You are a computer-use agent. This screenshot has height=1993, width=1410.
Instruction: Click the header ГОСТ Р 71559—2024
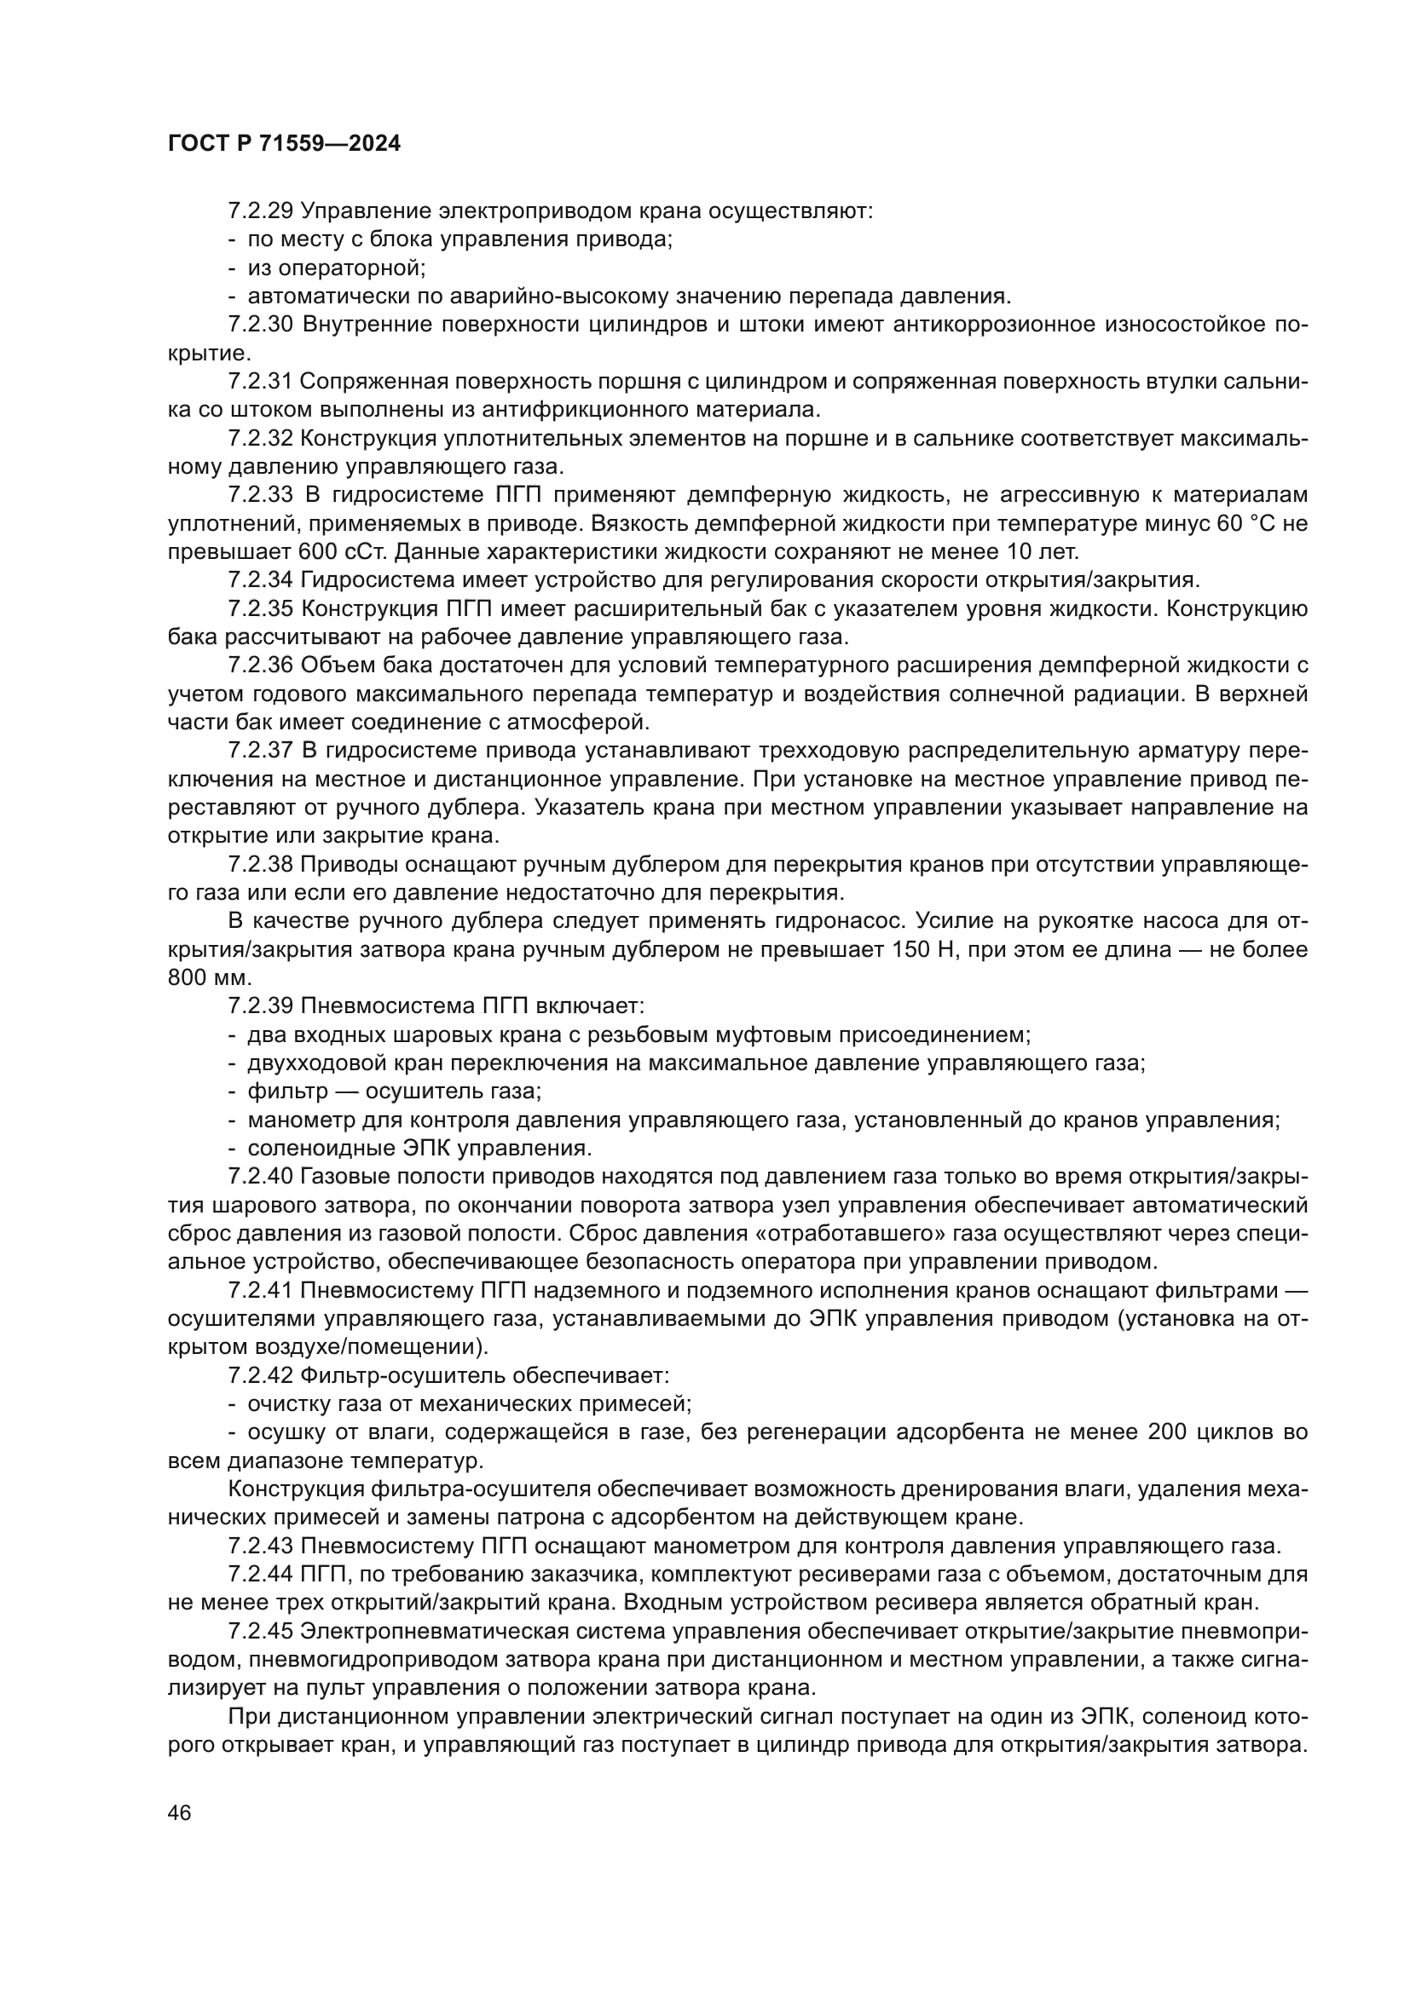(x=284, y=144)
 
